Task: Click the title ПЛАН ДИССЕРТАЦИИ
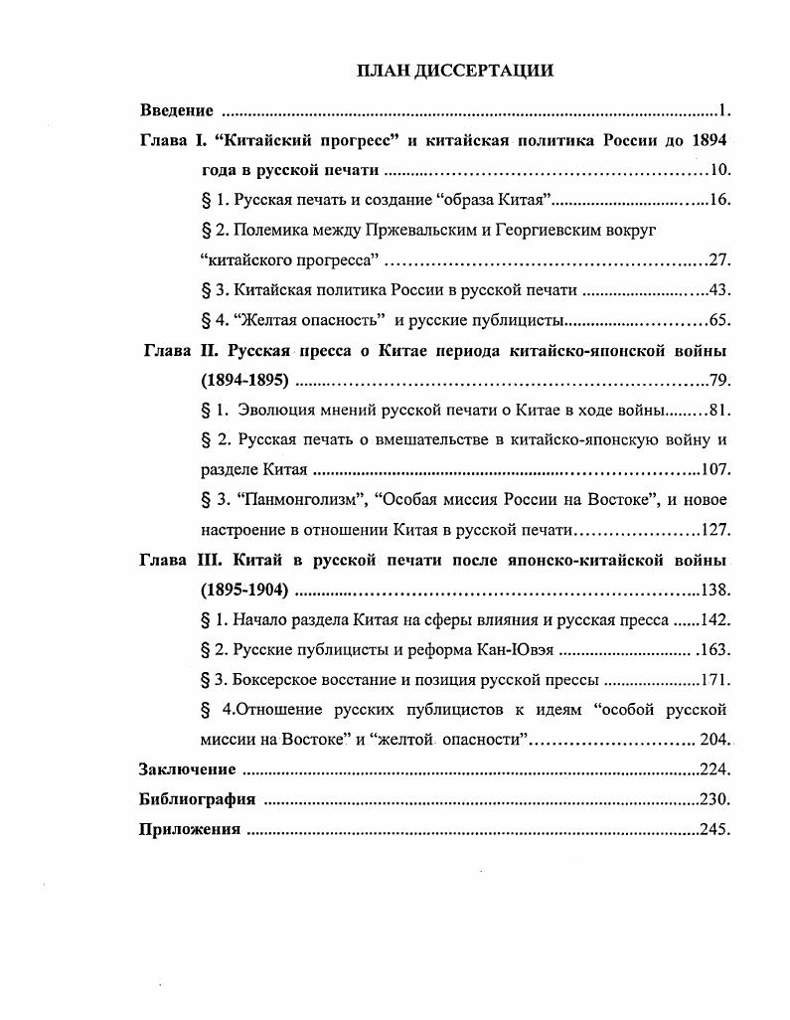(x=454, y=71)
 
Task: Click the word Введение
(x=177, y=109)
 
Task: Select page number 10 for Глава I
(x=719, y=170)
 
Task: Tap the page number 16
(x=719, y=200)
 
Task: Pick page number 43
(x=719, y=290)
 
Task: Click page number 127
(x=715, y=530)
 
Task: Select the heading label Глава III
(x=181, y=561)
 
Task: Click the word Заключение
(x=188, y=769)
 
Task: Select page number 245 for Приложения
(x=715, y=829)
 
